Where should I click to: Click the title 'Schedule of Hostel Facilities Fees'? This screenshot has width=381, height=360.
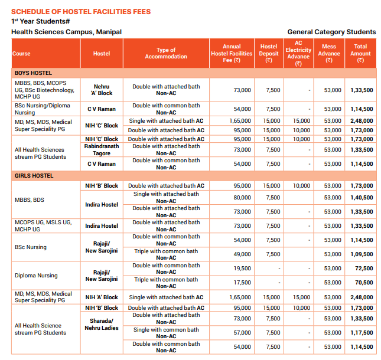pos(81,11)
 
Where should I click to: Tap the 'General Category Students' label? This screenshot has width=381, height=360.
pos(331,32)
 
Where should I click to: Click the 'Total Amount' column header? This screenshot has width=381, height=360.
pos(360,53)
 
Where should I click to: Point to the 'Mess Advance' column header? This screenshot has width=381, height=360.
pos(329,53)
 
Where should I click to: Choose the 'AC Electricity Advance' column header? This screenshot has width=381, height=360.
pos(298,53)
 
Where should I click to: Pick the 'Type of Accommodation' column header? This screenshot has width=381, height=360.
pos(166,53)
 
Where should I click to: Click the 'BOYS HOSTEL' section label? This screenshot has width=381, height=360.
pos(33,73)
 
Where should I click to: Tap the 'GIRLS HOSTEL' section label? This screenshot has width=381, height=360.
pos(34,176)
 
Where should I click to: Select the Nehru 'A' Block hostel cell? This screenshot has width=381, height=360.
pos(102,90)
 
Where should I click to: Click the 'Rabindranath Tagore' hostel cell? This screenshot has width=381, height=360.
pos(102,150)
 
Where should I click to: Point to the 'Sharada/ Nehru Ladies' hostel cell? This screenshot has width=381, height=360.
pos(102,325)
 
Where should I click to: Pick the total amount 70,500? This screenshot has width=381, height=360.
pos(363,283)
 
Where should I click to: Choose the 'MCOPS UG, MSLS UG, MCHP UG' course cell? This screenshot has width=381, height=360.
pos(43,225)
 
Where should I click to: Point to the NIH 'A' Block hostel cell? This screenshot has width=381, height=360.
pos(102,297)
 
